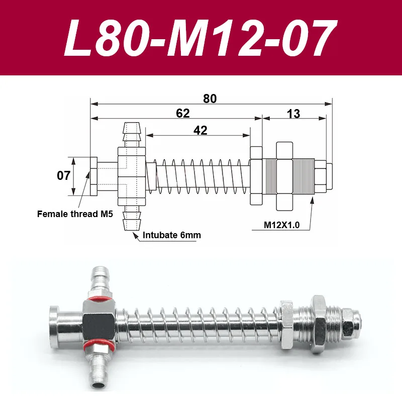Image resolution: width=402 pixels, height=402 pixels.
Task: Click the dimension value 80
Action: (210, 98)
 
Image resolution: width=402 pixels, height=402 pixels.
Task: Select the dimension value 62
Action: (183, 114)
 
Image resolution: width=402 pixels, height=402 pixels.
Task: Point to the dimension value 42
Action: (200, 131)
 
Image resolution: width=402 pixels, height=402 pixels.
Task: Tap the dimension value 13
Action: (293, 114)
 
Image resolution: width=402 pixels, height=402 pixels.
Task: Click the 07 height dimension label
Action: (63, 175)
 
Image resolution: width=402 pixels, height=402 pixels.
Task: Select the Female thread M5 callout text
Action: (75, 214)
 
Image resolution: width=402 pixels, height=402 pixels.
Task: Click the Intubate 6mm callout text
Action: (172, 235)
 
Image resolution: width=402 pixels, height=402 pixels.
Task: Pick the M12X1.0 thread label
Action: (281, 225)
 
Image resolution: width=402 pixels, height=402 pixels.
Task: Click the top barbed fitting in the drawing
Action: (132, 134)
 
